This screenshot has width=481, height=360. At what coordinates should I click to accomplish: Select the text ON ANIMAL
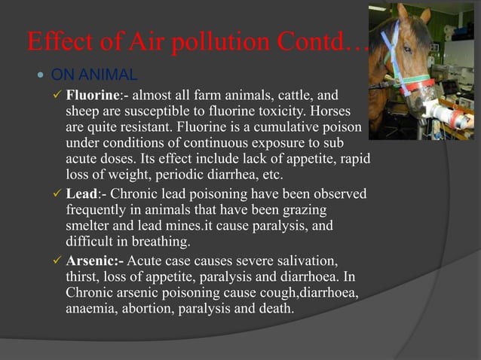pos(93,75)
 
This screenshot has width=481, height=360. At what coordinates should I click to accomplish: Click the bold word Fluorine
pos(91,96)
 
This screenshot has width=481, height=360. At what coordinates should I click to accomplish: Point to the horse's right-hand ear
pos(426,15)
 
